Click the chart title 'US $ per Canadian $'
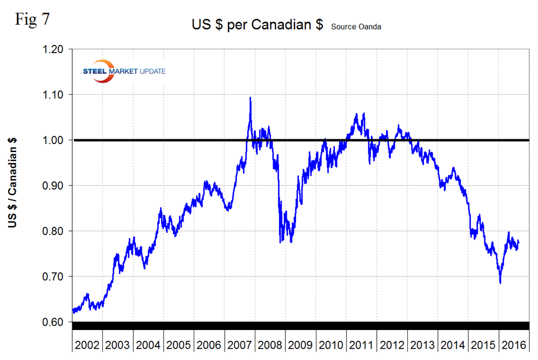coord(257,25)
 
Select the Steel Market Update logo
coord(124,72)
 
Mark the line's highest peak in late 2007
coord(250,97)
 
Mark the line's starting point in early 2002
coord(72,310)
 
